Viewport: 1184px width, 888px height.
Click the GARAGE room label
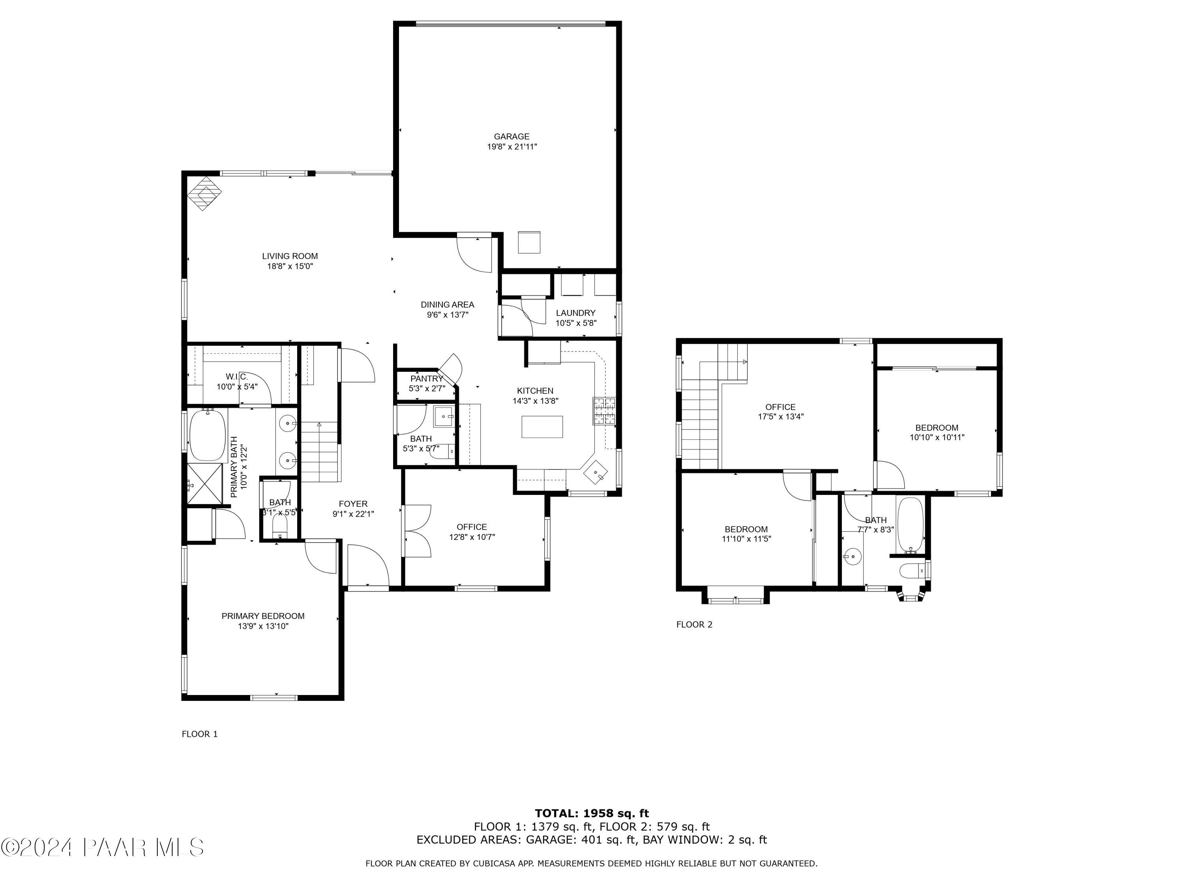point(511,137)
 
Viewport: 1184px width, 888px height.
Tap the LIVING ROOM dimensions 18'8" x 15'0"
point(290,266)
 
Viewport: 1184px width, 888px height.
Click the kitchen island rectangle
point(542,427)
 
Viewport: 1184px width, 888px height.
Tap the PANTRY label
point(427,378)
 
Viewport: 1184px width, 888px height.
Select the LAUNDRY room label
point(575,313)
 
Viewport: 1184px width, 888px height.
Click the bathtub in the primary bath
point(208,435)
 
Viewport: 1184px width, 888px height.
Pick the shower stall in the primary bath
point(204,484)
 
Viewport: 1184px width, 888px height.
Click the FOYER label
point(353,504)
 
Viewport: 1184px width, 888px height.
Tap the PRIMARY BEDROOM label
point(263,616)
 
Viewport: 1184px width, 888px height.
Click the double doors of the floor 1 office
point(416,530)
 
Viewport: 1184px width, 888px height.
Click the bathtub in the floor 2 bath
point(910,525)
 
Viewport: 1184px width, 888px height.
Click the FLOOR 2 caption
point(694,624)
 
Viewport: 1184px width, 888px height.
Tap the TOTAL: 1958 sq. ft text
point(592,813)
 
